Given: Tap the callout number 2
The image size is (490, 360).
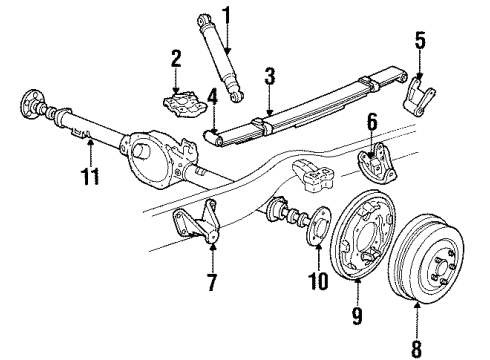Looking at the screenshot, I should tap(175, 58).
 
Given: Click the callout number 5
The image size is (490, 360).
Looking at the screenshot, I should tap(419, 43).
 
